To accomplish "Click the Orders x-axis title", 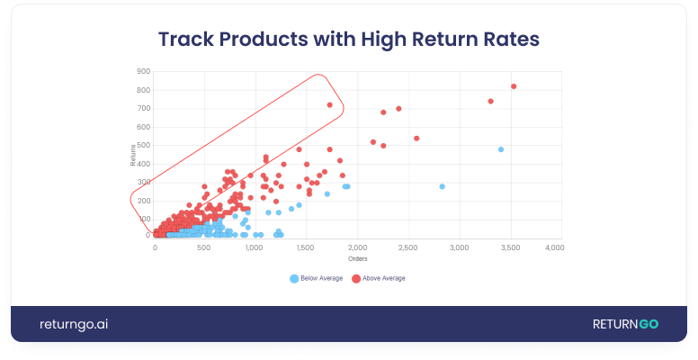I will point(359,259).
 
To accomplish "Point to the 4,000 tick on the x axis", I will point(553,247).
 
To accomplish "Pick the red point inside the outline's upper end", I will point(330,105).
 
